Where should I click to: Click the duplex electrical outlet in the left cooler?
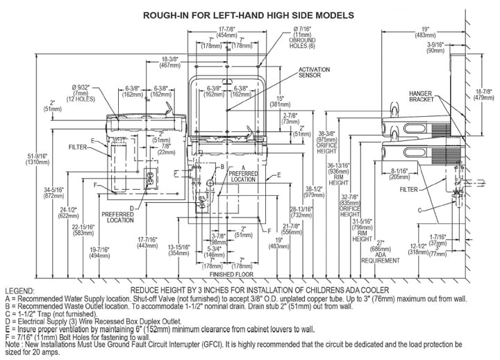click(147, 179)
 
